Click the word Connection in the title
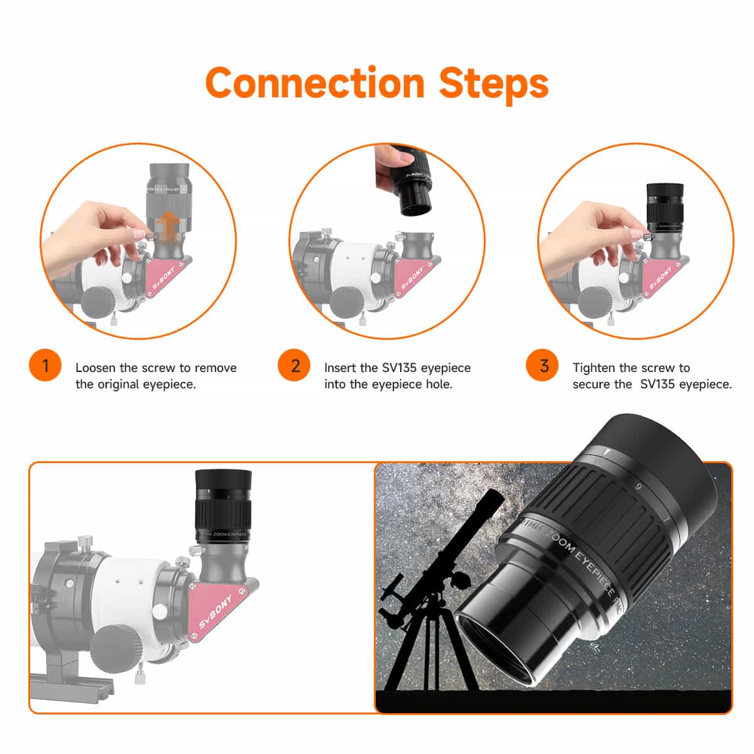coord(315,83)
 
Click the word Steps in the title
coord(494,83)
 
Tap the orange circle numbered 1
coord(45,366)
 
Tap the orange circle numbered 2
coord(295,366)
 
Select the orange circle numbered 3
coord(544,366)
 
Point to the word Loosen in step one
coord(96,368)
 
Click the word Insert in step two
coord(341,368)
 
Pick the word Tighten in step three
coord(594,368)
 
